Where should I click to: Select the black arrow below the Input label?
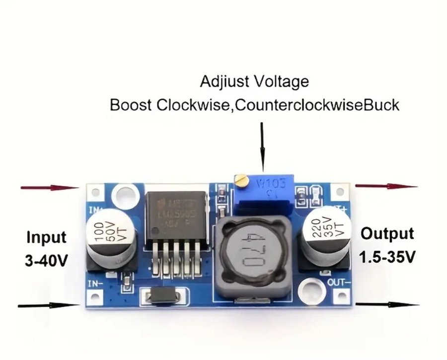point(49,304)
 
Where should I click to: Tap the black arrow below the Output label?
point(387,304)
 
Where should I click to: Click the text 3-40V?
point(46,260)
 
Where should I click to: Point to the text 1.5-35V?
point(388,257)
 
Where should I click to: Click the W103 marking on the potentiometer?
point(269,184)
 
